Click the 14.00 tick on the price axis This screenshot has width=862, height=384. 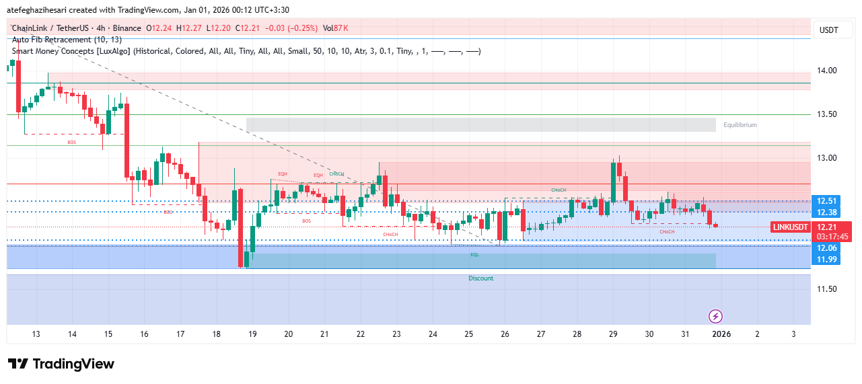pos(827,71)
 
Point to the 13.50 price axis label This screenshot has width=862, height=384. pos(827,114)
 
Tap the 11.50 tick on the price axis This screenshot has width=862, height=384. pos(827,289)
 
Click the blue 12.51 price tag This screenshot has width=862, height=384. pos(826,201)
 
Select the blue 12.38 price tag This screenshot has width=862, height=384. pos(826,213)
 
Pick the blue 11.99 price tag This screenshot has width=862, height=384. pos(826,260)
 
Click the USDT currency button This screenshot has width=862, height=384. pos(828,30)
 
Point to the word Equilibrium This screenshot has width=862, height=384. pos(740,125)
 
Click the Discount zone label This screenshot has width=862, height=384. pos(481,278)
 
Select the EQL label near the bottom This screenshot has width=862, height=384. pos(474,255)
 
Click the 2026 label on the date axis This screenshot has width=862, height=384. pos(721,334)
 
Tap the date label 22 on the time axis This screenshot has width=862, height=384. pos(361,334)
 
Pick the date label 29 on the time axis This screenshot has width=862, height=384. pos(613,334)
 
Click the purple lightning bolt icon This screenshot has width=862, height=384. pos(716,316)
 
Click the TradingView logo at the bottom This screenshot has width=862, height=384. pos(61,364)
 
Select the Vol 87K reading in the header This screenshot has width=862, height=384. pos(335,28)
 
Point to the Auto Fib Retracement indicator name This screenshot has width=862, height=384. pos(67,40)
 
